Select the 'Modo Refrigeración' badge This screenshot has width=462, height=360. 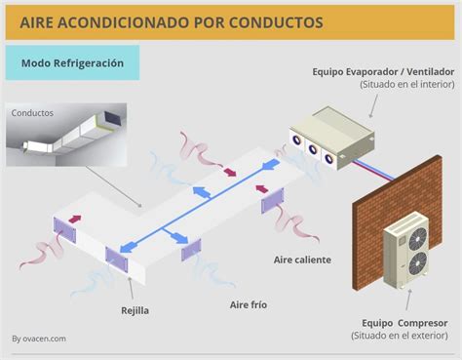(72, 62)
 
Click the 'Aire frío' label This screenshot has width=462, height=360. (248, 304)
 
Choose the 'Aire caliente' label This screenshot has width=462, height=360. (302, 260)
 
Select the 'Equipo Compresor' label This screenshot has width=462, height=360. (403, 321)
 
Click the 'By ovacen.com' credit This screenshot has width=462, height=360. (39, 339)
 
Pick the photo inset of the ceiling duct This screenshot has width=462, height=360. (66, 133)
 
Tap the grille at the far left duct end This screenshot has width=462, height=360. (64, 229)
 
